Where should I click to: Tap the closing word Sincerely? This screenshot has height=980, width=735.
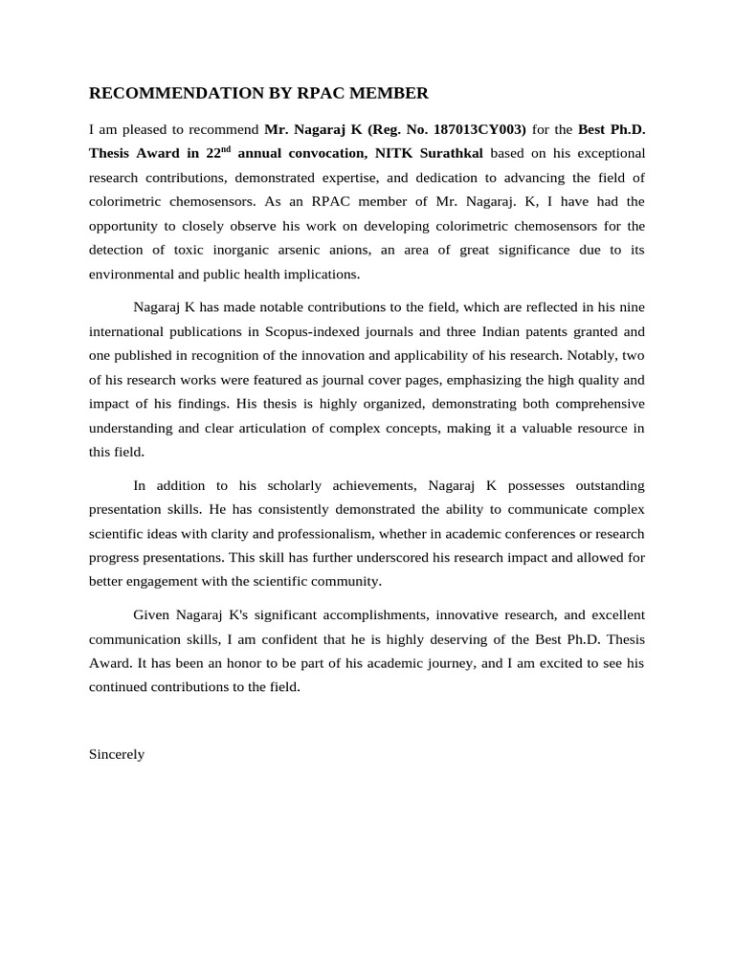click(117, 753)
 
